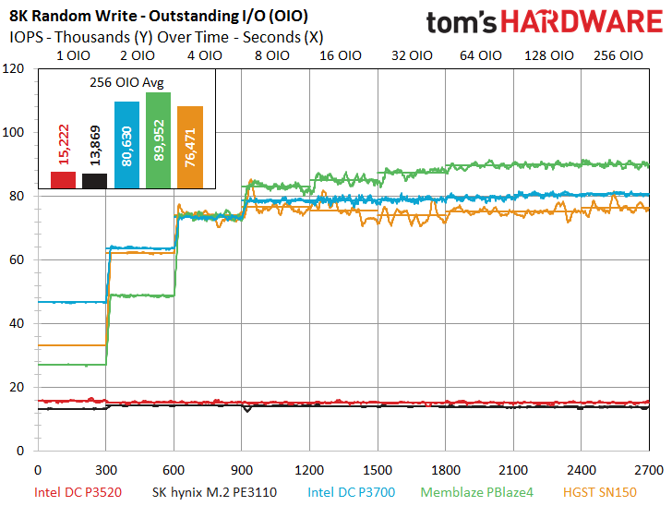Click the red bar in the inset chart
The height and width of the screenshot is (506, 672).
[63, 180]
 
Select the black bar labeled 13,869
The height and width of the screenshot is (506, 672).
[95, 181]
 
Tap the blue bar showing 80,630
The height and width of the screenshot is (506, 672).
[126, 145]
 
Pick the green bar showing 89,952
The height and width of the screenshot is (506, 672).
[159, 140]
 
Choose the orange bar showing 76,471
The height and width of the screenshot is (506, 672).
[190, 147]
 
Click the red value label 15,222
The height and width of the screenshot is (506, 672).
[64, 145]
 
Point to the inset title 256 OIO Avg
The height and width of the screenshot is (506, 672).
[126, 82]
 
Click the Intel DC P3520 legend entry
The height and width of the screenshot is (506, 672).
[78, 492]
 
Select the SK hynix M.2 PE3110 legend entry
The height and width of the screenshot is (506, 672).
[214, 492]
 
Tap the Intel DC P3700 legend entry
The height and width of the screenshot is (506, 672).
[352, 492]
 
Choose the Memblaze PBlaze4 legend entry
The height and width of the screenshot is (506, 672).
[477, 492]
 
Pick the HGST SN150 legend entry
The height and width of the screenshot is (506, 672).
[600, 492]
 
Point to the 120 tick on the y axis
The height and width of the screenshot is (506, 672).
[13, 68]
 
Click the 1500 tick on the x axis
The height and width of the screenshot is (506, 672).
[378, 470]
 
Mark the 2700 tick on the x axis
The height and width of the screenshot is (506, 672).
[649, 470]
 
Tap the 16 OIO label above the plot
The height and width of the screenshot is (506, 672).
[341, 55]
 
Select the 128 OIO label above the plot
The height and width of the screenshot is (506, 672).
[549, 55]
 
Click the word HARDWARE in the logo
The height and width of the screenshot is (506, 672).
[582, 21]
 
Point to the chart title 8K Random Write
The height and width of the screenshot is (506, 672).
[73, 17]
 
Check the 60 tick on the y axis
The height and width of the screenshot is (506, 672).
[17, 259]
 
